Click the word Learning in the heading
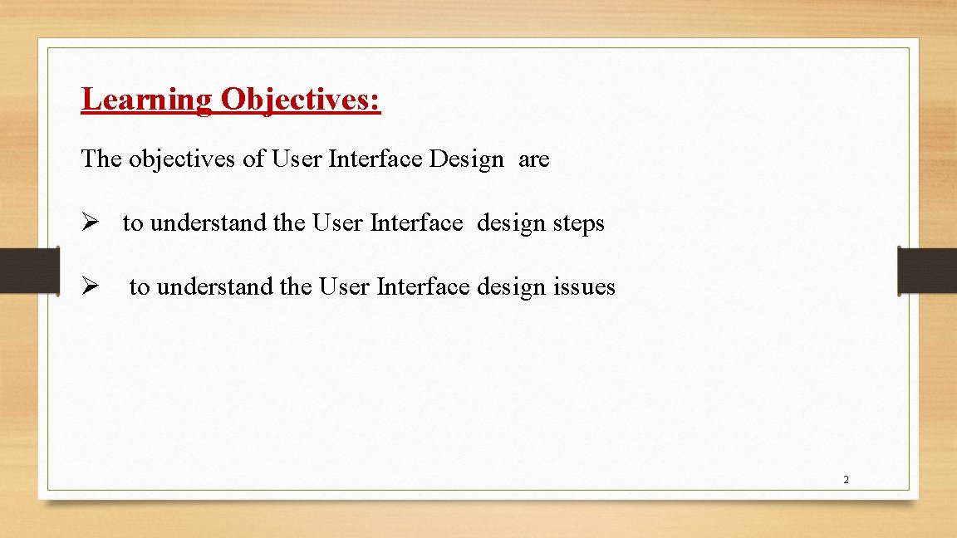146,100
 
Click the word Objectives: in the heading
300,100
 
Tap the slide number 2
846,480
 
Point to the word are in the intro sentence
533,159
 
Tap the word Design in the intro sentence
466,159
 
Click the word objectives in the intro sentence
182,159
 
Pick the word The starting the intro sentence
101,159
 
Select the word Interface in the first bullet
415,223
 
